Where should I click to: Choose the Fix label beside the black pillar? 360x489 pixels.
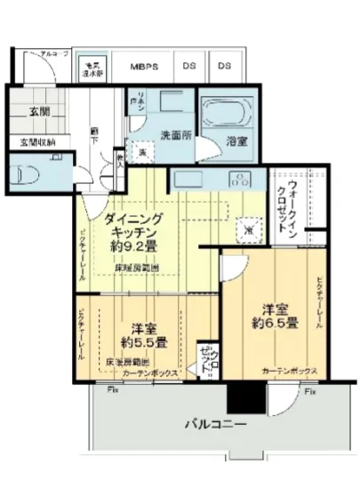308,390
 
